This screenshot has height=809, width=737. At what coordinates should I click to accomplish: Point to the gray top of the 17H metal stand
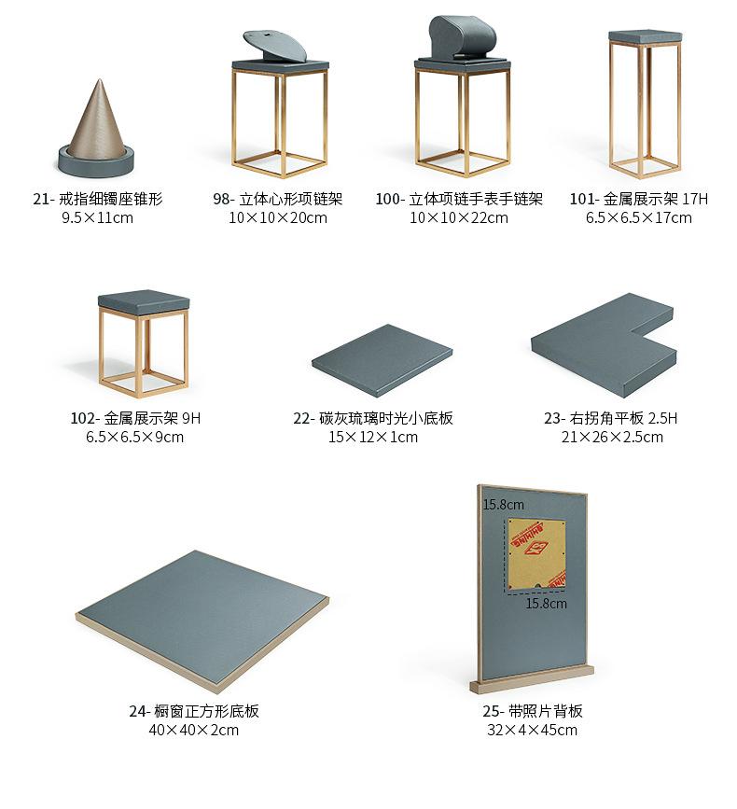(x=645, y=35)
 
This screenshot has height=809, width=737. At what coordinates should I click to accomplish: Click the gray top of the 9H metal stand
(x=144, y=301)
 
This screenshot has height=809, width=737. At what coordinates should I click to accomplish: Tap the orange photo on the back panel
(x=535, y=551)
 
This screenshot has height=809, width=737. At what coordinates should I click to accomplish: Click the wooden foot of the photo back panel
(x=533, y=684)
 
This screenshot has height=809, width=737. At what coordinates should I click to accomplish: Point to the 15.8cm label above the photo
(x=503, y=505)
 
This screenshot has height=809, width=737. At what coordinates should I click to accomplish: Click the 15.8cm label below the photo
(x=546, y=604)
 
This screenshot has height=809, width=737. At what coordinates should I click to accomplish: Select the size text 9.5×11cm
(x=97, y=217)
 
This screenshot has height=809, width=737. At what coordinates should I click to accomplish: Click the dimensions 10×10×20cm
(x=278, y=217)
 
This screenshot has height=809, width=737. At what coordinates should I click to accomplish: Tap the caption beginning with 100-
(x=459, y=199)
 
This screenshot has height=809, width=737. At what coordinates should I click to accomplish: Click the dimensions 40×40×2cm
(x=194, y=730)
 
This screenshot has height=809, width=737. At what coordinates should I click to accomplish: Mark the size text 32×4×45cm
(x=533, y=730)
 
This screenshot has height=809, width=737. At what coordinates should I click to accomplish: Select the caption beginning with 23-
(x=611, y=418)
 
